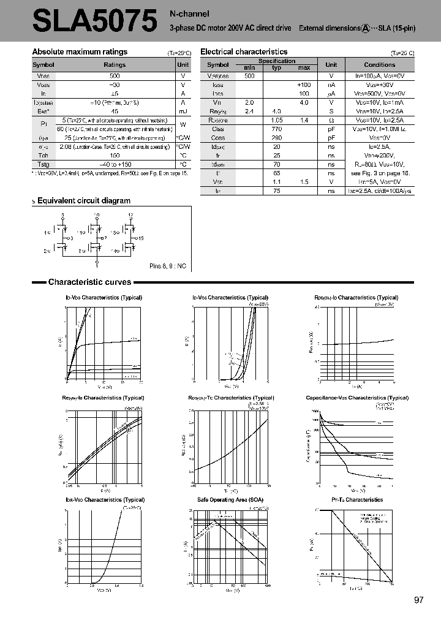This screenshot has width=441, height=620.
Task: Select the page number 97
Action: coord(419,600)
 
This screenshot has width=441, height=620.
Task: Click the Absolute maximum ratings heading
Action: coord(80,52)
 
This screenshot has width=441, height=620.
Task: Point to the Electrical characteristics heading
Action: coord(244,52)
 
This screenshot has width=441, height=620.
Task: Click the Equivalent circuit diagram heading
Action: coord(84,200)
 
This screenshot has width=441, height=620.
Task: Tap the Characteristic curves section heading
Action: coord(89,282)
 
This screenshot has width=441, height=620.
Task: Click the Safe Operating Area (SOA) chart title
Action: coord(230,500)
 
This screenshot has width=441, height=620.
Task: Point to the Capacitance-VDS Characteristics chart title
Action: coord(357,398)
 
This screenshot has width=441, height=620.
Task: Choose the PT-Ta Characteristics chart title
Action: coord(357,500)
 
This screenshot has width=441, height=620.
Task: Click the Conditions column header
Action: coord(379,64)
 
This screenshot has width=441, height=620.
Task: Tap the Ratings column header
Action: coord(115,64)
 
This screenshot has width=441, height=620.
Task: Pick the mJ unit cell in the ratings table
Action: coord(183,112)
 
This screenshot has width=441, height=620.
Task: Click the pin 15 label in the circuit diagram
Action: coord(141,238)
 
